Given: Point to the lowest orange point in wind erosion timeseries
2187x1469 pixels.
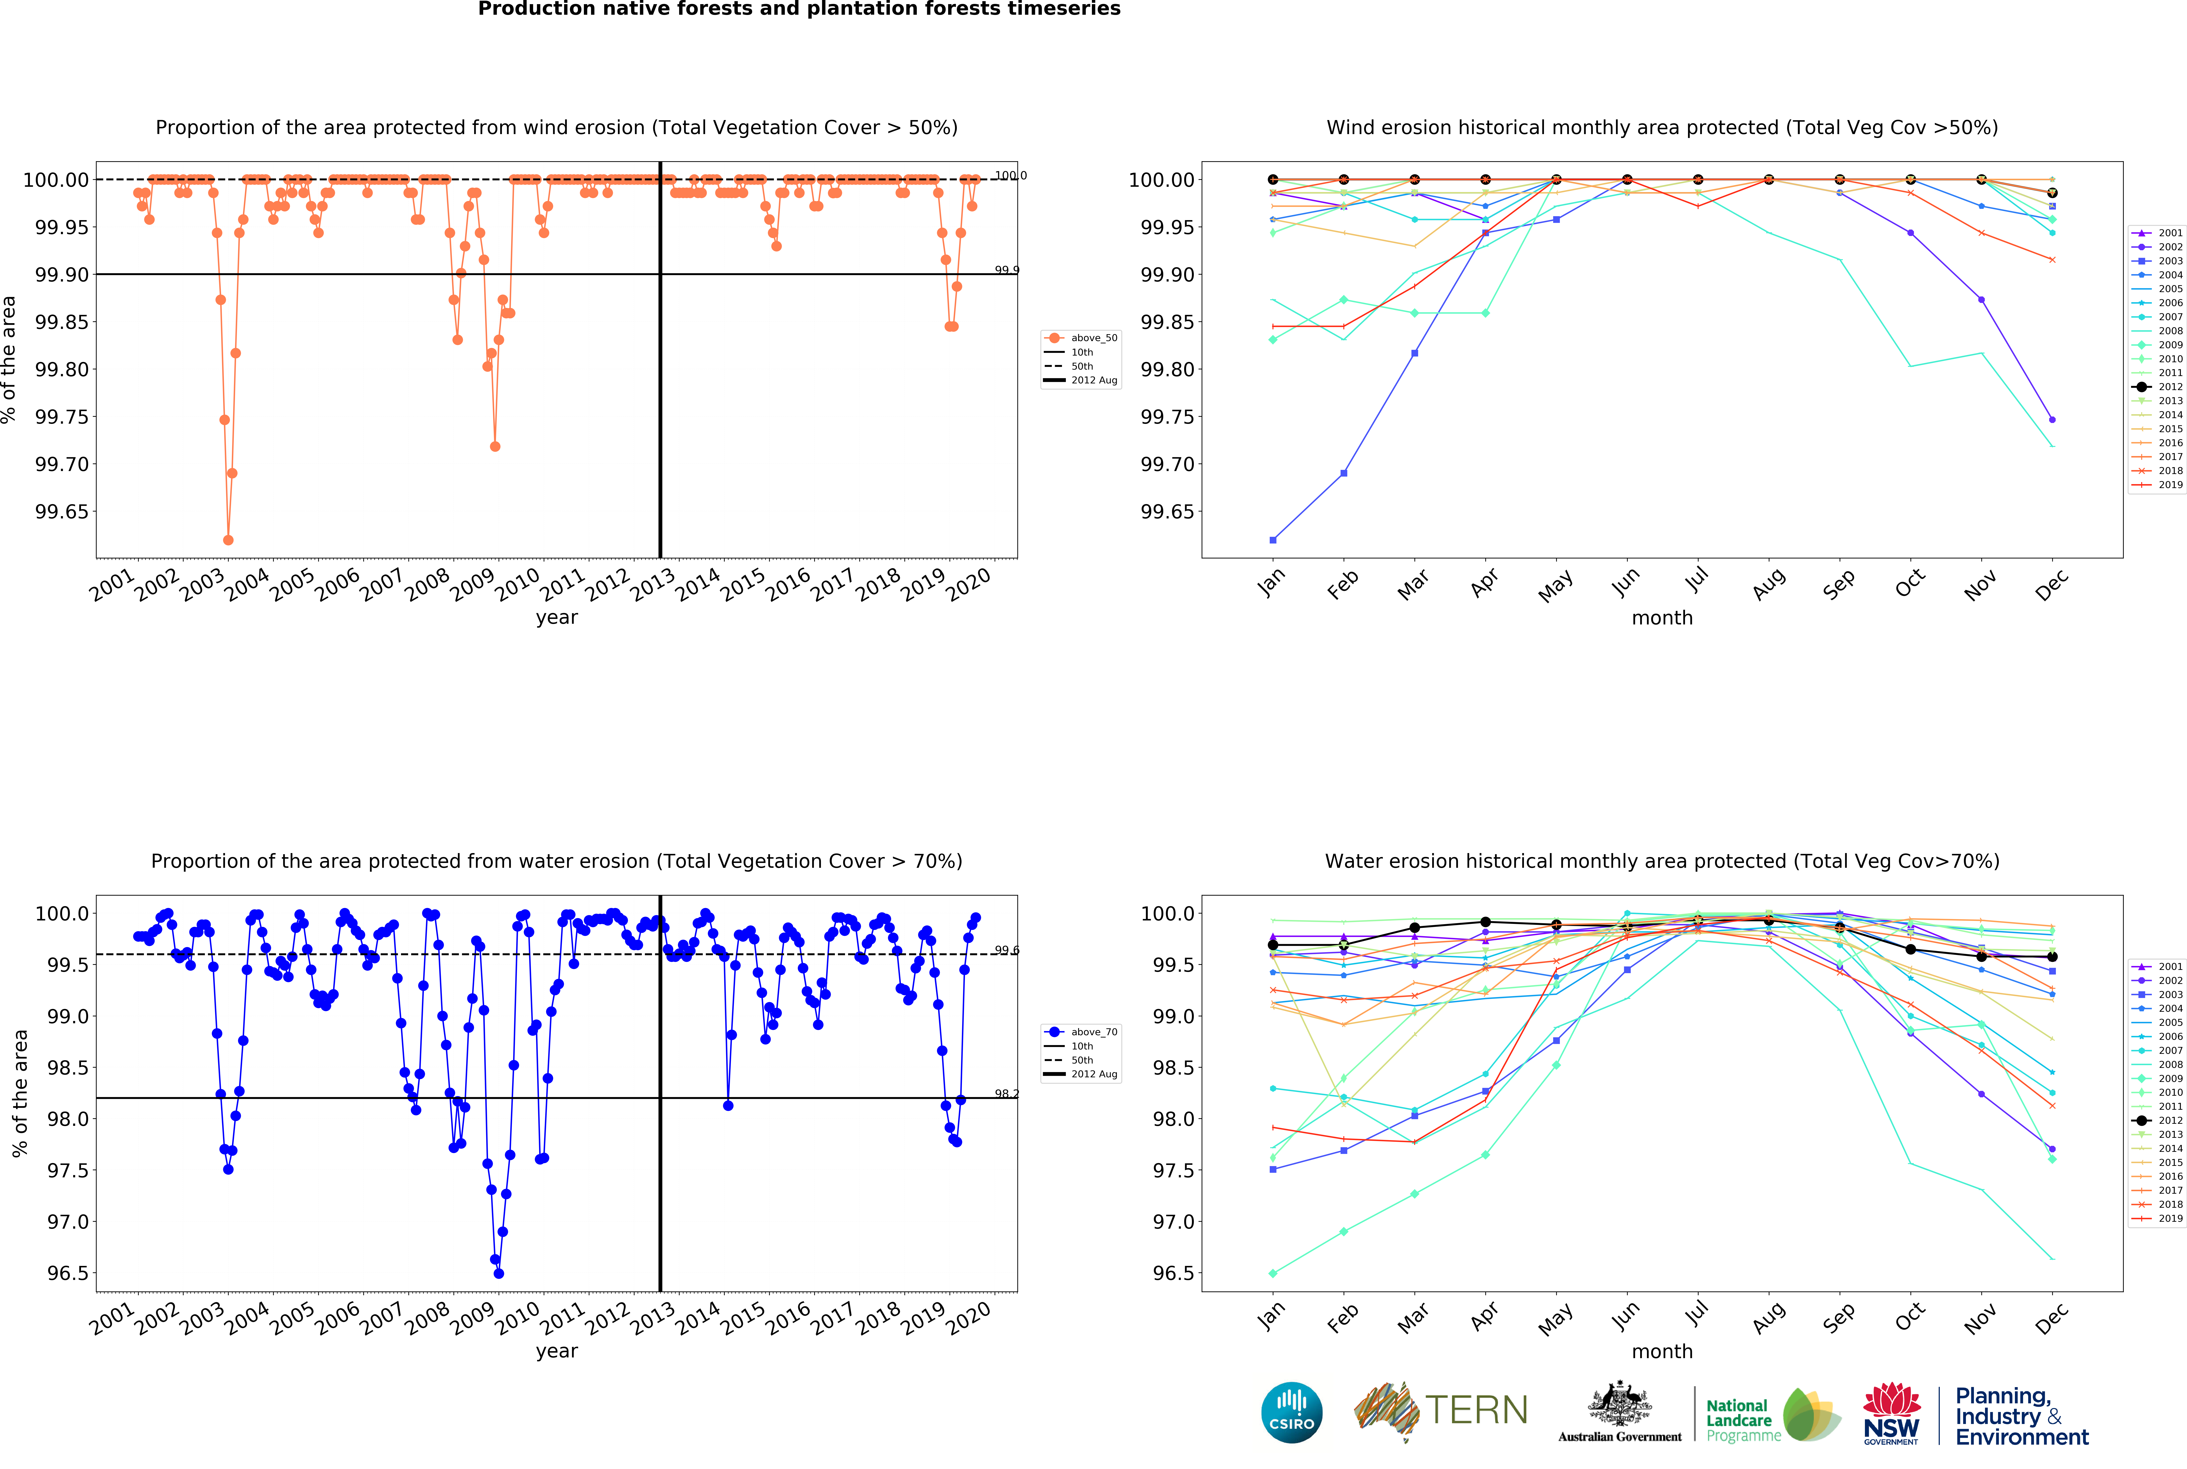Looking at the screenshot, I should coord(228,540).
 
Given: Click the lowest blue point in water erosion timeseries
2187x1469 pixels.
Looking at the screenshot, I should coord(499,1273).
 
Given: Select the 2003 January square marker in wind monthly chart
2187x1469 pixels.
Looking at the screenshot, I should coord(1272,540).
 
